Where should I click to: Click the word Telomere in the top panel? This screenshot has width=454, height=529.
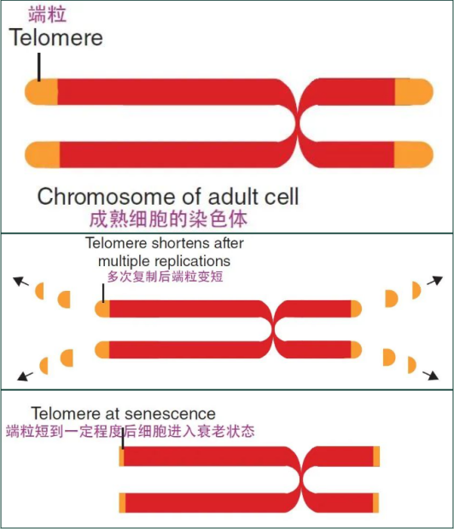coord(56,37)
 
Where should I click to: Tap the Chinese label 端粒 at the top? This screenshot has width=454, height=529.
coord(47,15)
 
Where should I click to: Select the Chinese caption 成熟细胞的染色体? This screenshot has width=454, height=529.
coord(168,219)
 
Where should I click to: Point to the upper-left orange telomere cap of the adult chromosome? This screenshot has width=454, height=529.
coord(41,92)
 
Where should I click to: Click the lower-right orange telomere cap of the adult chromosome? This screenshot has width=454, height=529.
coord(414,154)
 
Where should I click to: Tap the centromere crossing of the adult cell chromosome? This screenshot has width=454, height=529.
coord(298,123)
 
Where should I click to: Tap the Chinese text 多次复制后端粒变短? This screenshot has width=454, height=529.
coord(165,276)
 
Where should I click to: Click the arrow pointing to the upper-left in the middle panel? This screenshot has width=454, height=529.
coord(20,282)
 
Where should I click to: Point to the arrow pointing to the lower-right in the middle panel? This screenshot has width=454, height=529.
coord(431,375)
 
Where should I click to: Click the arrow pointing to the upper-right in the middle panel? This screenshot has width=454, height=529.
coord(434,281)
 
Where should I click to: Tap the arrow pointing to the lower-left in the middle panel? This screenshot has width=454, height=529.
coord(26,376)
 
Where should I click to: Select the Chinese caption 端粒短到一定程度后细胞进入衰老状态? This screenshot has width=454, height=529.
coord(131,431)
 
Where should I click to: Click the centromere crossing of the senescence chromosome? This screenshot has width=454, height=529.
coord(301,480)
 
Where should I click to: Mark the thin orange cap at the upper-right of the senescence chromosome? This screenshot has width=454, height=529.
coord(376,456)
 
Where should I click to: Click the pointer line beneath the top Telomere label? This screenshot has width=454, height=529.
coord(39,67)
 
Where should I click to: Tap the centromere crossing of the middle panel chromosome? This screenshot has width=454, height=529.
coord(273,329)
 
